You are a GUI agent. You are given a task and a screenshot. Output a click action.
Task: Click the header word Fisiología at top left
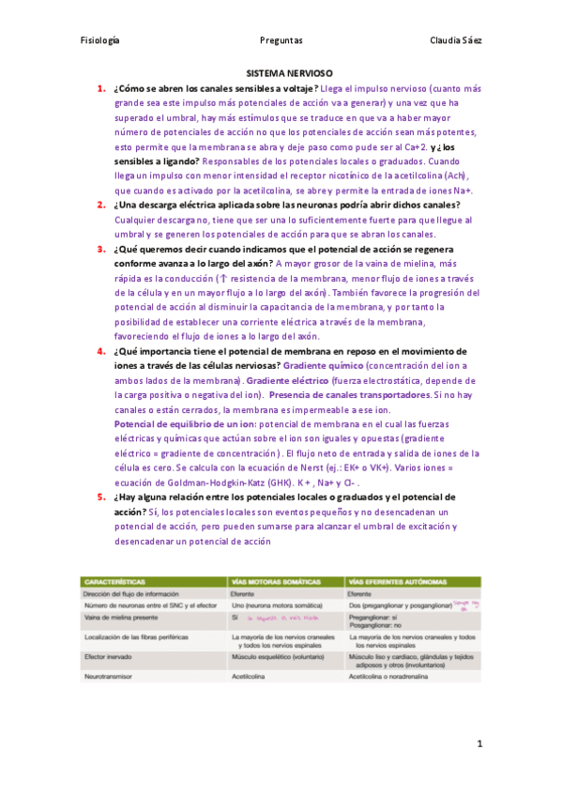coord(100,40)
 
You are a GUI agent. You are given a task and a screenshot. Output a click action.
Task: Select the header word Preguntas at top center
coord(281,40)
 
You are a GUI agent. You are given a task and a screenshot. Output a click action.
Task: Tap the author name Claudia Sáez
coord(455,40)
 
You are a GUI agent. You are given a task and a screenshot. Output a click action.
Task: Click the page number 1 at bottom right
coord(478,744)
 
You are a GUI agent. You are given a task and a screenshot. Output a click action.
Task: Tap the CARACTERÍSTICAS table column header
coord(116,580)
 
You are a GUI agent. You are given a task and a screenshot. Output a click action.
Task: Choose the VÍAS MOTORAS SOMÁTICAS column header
coord(274,580)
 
